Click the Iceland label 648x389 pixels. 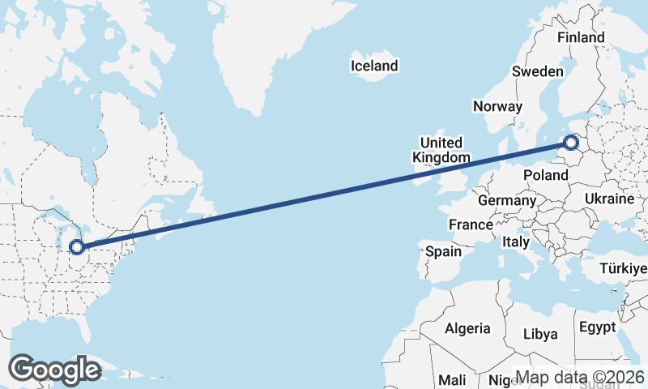[x=374, y=66]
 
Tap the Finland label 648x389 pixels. [x=581, y=37]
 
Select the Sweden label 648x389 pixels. [x=537, y=71]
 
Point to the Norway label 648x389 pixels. [x=498, y=106]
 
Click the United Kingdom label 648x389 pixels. [x=441, y=150]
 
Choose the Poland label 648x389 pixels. [x=546, y=175]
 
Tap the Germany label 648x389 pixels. [x=507, y=200]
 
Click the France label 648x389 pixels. [x=471, y=224]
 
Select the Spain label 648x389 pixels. [x=444, y=251]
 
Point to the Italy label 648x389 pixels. [x=516, y=242]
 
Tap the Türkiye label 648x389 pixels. [x=623, y=268]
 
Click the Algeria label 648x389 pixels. [x=467, y=328]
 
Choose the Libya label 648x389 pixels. [x=540, y=334]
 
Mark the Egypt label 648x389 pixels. [x=597, y=327]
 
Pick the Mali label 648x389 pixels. [x=451, y=379]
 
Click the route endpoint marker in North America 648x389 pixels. [x=77, y=246]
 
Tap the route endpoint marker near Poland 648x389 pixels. [x=571, y=143]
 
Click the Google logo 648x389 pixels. [x=54, y=370]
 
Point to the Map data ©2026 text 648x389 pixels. [x=580, y=377]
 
